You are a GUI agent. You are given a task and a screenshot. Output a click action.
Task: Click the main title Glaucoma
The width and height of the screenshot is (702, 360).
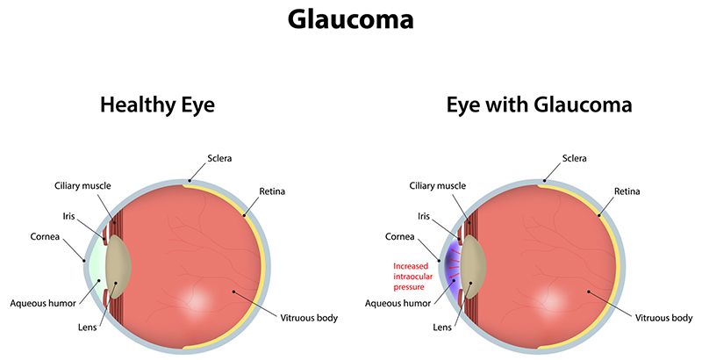350,19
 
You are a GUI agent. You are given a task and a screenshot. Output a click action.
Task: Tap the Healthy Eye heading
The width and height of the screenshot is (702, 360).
157,105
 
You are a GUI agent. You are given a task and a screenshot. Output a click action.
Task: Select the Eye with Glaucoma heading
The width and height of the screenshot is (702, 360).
539,105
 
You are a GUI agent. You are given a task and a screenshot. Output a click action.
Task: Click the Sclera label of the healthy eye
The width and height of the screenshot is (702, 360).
219,159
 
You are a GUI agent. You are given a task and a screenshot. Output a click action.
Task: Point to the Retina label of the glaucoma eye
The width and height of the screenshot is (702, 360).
627,191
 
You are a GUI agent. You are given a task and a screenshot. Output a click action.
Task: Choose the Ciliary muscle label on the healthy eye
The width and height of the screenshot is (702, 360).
82,186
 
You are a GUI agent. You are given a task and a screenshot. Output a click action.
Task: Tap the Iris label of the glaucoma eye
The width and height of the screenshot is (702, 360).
424,216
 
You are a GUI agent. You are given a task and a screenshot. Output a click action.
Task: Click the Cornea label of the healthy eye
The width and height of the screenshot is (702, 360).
45,236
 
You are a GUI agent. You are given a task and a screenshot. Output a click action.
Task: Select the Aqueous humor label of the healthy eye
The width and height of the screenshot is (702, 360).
43,304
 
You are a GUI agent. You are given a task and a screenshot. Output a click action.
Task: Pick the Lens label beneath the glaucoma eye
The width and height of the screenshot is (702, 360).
442,328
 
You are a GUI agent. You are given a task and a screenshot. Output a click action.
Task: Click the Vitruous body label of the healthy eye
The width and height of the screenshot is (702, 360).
309,319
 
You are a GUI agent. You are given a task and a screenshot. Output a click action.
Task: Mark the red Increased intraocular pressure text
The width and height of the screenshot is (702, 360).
412,277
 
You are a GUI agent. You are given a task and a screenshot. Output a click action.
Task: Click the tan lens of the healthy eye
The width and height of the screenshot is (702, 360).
118,267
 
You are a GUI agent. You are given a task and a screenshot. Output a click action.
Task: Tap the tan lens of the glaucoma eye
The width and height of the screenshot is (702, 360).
474,267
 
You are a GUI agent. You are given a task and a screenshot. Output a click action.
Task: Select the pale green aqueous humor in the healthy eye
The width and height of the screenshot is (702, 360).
97,267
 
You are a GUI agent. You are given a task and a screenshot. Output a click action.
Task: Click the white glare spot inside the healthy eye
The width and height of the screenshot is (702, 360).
195,299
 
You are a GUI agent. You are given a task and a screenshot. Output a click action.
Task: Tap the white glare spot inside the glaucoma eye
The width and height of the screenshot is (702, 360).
551,299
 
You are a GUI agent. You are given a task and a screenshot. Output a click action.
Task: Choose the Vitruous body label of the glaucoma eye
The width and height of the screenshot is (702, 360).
664,319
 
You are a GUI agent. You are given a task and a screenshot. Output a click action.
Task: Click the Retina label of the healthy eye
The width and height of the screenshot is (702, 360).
272,191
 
